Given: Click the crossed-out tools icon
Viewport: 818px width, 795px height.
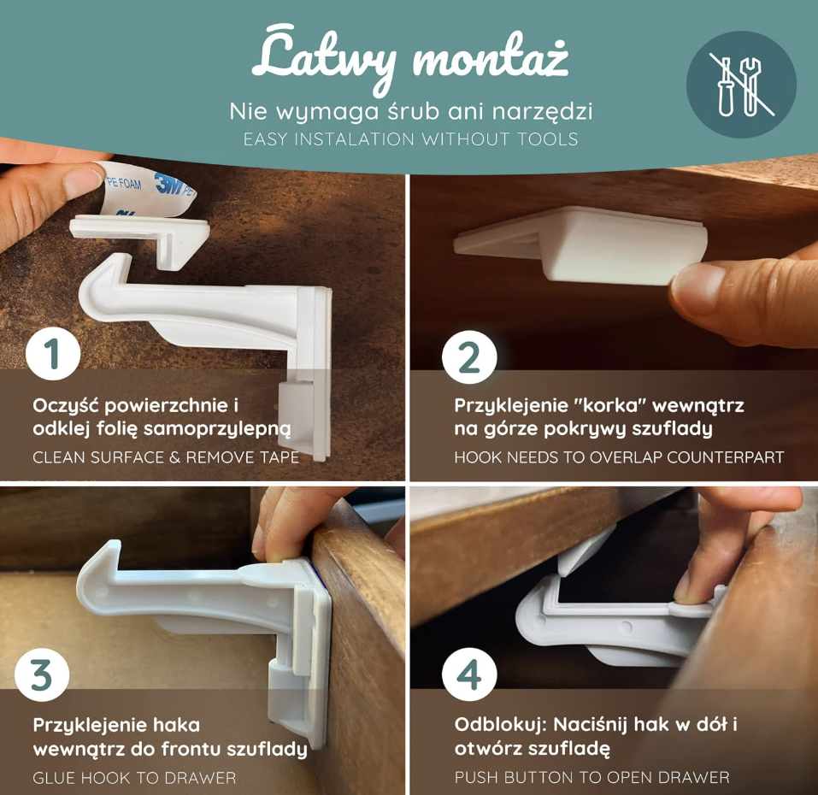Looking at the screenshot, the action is pyautogui.click(x=741, y=85).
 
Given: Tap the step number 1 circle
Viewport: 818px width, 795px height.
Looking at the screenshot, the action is pyautogui.click(x=53, y=353).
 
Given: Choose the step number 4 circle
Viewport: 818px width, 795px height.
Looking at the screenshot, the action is pyautogui.click(x=469, y=675).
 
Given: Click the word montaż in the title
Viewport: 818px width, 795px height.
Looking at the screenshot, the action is pyautogui.click(x=491, y=58).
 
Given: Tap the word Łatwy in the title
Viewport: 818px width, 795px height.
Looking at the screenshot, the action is pyautogui.click(x=324, y=58).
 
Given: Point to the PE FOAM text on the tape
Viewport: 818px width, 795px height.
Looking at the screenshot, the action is pyautogui.click(x=124, y=183).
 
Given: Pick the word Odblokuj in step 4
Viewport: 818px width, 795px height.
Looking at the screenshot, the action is pyautogui.click(x=500, y=725).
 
